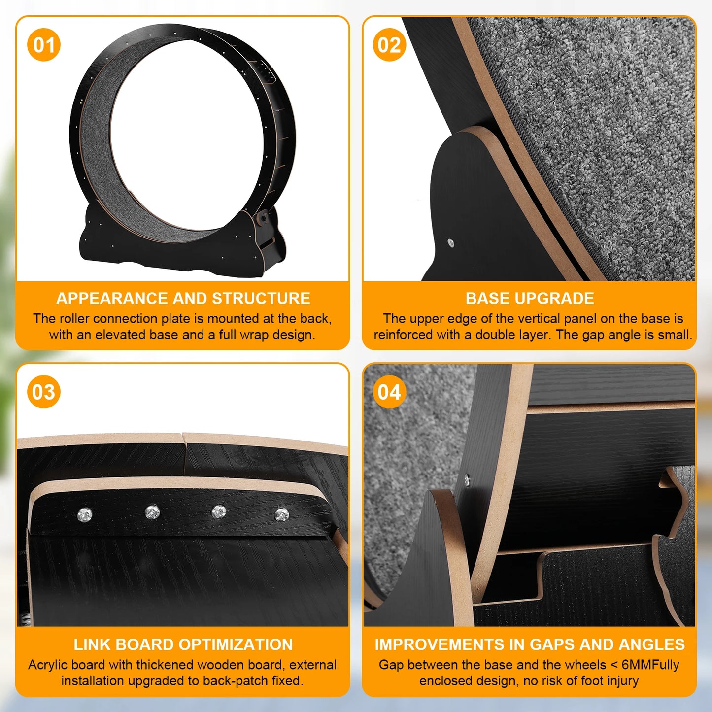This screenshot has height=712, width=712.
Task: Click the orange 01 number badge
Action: coord(44,45)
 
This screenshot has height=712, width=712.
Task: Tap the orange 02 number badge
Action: coord(389,45)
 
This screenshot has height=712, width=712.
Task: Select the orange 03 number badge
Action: coord(44,392)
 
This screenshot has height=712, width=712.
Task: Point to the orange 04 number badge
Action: coord(389,392)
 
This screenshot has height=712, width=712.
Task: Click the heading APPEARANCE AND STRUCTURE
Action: coord(183,299)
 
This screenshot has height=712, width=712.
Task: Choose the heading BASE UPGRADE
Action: coord(530,299)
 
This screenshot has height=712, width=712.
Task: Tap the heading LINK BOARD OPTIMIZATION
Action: coord(183,645)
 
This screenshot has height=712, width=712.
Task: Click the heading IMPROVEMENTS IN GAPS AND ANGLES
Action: coord(530,645)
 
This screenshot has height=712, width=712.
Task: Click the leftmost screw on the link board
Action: coord(85,515)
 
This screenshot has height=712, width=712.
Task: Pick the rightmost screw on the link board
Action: coord(281,515)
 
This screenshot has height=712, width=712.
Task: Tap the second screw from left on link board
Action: coord(152,512)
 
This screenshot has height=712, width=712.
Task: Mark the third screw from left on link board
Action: coord(219,512)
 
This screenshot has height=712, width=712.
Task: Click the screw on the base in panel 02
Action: coord(450,243)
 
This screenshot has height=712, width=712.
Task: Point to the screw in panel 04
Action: coord(467,478)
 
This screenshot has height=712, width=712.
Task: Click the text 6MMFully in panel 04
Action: coord(650,665)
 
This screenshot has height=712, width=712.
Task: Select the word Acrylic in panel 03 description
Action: coord(47,665)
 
